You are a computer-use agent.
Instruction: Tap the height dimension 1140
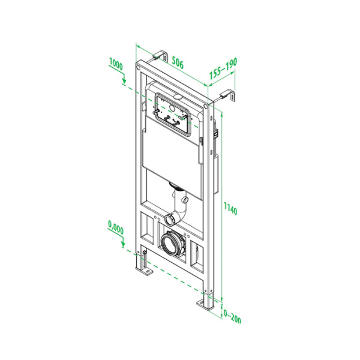click(230, 211)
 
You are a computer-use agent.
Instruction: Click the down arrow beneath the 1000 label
click(122, 79)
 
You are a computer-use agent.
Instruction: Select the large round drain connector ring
click(173, 244)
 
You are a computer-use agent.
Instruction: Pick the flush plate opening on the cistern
click(174, 114)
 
